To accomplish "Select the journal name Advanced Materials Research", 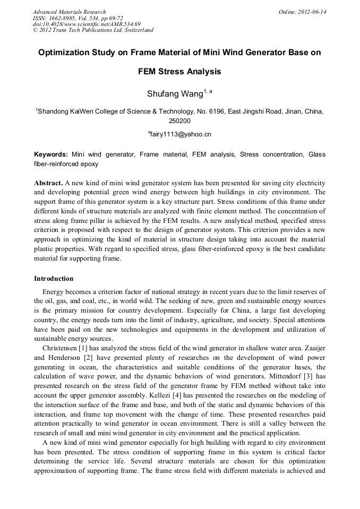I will point(69,12).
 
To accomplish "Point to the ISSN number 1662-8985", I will point(64,18).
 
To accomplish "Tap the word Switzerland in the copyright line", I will point(133,30).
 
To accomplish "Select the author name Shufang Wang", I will point(175,94).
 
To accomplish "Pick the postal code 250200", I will point(179,121).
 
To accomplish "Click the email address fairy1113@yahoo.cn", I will point(181,134).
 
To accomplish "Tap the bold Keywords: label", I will point(51,154).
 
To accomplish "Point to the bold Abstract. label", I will point(49,182).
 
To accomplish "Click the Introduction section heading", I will point(54,279).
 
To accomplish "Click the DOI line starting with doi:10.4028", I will point(87,24).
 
